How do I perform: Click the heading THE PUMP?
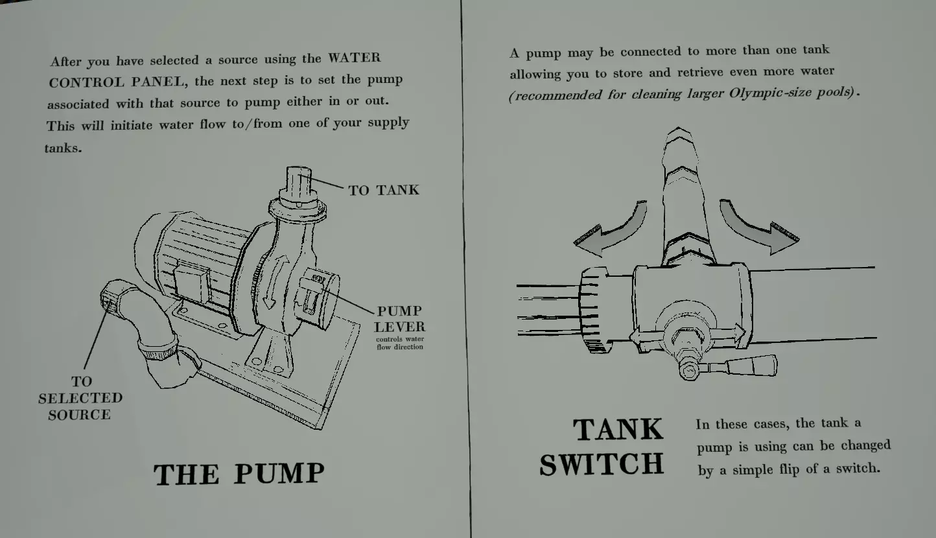(239, 474)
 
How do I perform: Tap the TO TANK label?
(384, 190)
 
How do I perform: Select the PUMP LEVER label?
(399, 319)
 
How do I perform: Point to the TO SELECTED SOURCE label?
(80, 398)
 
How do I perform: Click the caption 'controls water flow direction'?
(400, 343)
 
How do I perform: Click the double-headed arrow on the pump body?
(275, 282)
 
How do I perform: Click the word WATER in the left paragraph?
(355, 58)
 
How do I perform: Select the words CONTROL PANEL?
(117, 82)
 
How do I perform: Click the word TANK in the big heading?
(618, 429)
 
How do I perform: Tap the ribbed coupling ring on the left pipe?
(593, 310)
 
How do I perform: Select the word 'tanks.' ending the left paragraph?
(63, 148)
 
